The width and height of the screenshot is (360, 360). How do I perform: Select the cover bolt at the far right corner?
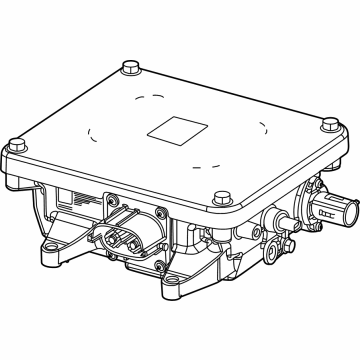[x=328, y=124]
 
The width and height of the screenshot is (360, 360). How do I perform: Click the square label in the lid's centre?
[x=170, y=131]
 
